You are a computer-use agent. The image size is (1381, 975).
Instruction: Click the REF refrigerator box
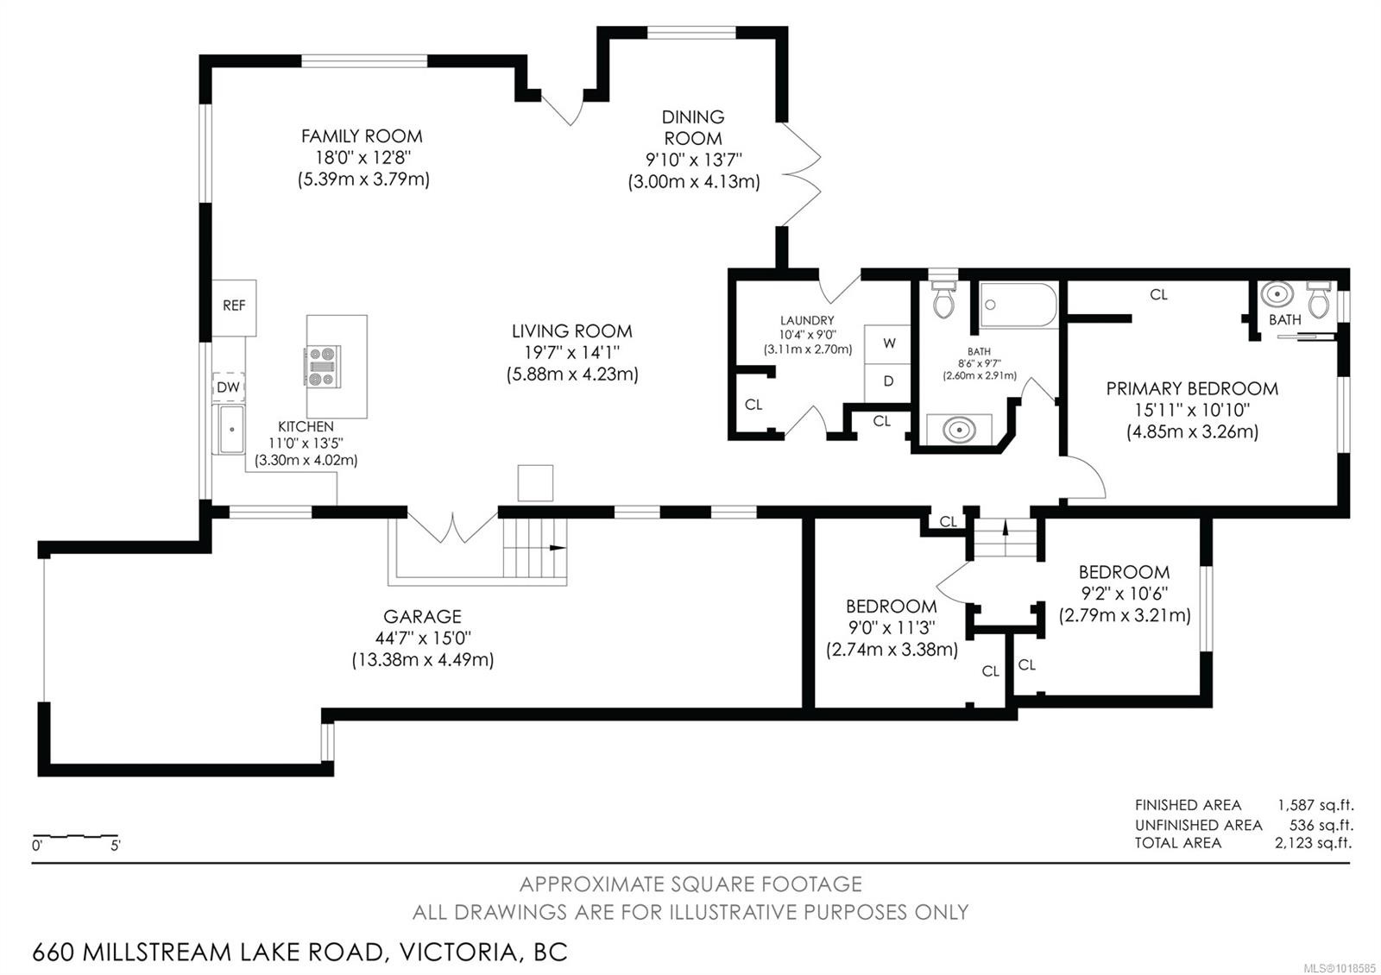tap(234, 306)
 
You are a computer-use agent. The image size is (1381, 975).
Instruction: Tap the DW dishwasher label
tap(228, 387)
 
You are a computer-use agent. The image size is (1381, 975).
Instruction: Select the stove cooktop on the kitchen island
tap(322, 366)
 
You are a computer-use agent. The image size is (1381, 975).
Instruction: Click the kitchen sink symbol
tap(231, 430)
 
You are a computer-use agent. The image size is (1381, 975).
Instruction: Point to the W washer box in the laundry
tap(888, 343)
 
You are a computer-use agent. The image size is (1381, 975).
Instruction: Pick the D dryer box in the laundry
tap(888, 381)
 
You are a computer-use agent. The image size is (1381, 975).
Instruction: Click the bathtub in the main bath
tap(1018, 305)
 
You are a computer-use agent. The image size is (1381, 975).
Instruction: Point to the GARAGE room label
tap(422, 616)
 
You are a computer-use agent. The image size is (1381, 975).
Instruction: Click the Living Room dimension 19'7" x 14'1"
tap(571, 352)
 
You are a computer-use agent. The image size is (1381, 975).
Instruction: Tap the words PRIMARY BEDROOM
tap(1192, 388)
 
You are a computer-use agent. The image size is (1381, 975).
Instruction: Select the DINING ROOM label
tap(693, 127)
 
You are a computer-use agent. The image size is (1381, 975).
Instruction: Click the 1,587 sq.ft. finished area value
tap(1315, 805)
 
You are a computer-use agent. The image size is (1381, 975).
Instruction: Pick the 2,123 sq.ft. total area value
tap(1313, 843)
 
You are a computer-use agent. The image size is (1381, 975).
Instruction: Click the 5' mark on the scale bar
tap(115, 846)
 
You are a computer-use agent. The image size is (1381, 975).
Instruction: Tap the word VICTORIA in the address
tap(454, 953)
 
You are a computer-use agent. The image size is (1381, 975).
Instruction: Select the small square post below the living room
tap(535, 483)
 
